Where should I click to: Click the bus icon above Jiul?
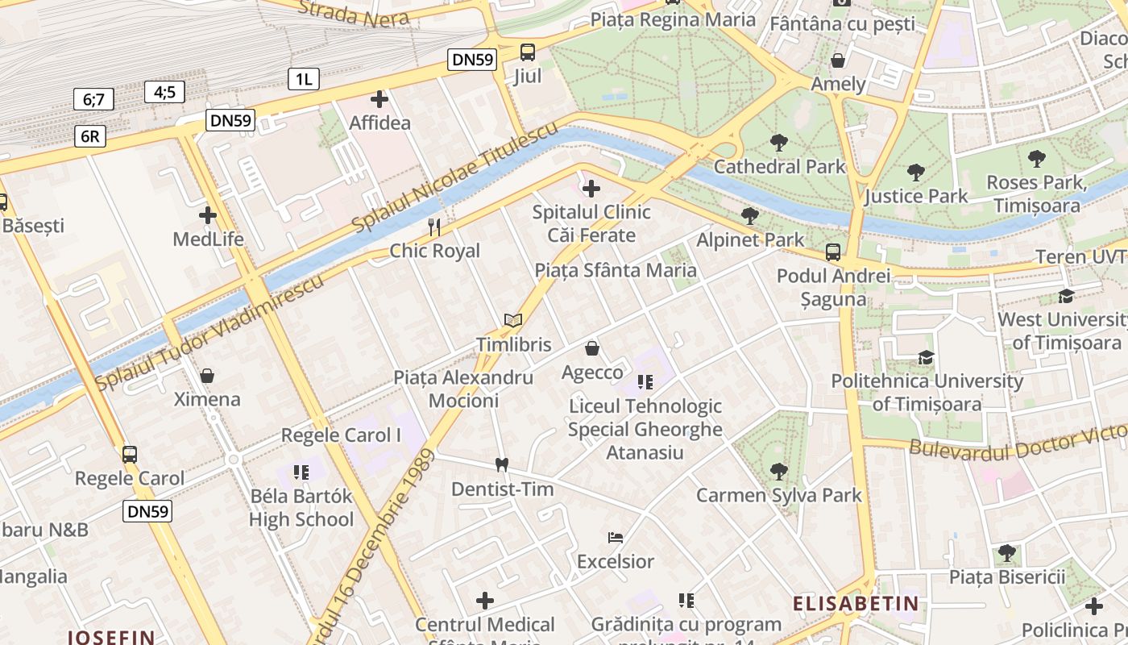pyautogui.click(x=528, y=52)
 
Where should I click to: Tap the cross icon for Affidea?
pyautogui.click(x=379, y=100)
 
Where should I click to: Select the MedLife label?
pyautogui.click(x=208, y=239)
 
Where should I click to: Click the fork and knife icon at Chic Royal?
pyautogui.click(x=434, y=227)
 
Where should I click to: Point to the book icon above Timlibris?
pyautogui.click(x=513, y=321)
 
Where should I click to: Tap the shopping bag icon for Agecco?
pyautogui.click(x=592, y=348)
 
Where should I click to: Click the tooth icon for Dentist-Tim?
pyautogui.click(x=502, y=464)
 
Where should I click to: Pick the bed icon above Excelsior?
pyautogui.click(x=616, y=537)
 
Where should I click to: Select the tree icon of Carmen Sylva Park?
pyautogui.click(x=778, y=471)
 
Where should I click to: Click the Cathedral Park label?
pyautogui.click(x=780, y=167)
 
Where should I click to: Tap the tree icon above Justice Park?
pyautogui.click(x=915, y=172)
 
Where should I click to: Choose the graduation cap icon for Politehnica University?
pyautogui.click(x=927, y=357)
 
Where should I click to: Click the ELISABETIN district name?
pyautogui.click(x=856, y=603)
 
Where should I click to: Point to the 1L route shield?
pyautogui.click(x=304, y=79)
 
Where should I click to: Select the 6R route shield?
pyautogui.click(x=89, y=136)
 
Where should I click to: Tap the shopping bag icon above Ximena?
pyautogui.click(x=207, y=376)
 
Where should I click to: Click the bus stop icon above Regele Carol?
pyautogui.click(x=130, y=454)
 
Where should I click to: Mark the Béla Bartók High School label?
pyautogui.click(x=301, y=507)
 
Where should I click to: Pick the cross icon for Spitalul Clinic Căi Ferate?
pyautogui.click(x=591, y=189)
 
